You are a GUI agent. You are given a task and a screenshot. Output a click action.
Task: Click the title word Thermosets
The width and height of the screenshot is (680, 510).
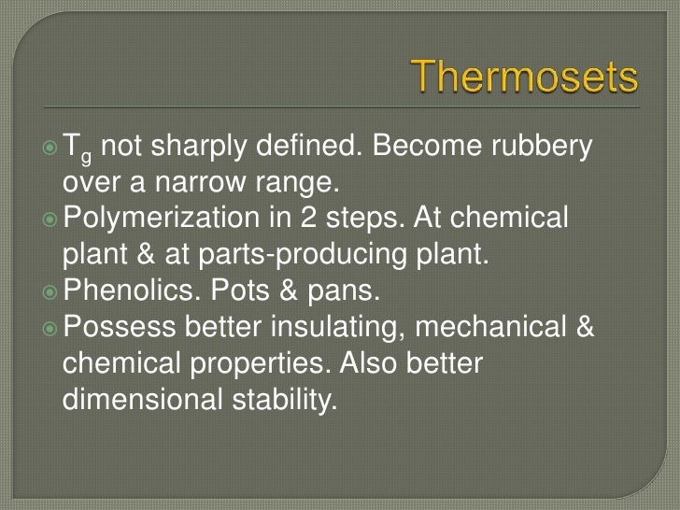point(527,78)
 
